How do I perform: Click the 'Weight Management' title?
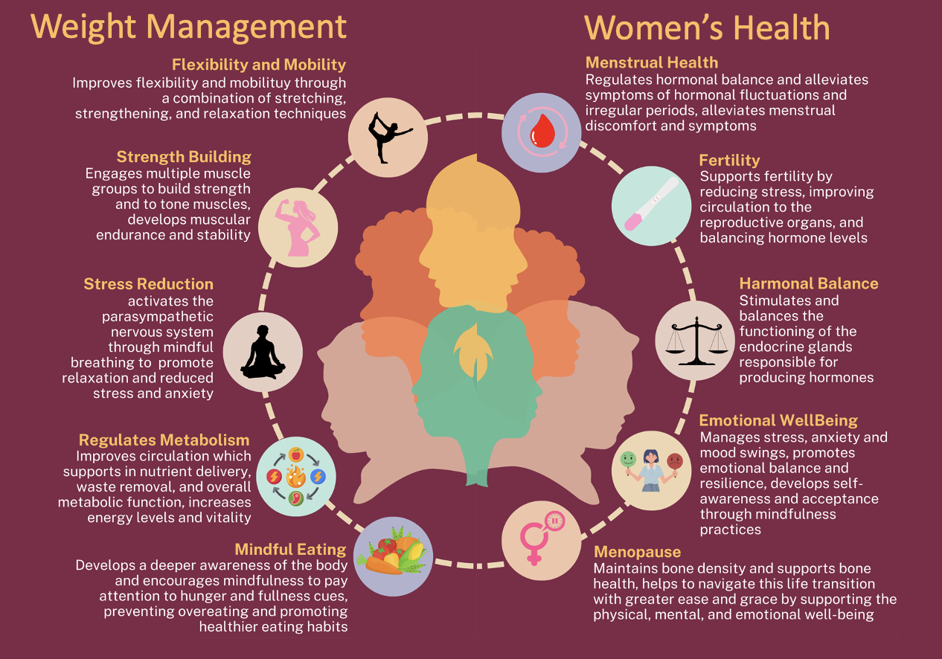pyautogui.click(x=188, y=27)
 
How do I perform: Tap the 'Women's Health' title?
pyautogui.click(x=707, y=28)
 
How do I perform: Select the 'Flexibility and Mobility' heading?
pyautogui.click(x=259, y=64)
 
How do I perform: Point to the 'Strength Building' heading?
pyautogui.click(x=184, y=157)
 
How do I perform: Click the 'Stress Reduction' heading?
pyautogui.click(x=148, y=284)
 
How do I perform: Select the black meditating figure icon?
pyautogui.click(x=263, y=352)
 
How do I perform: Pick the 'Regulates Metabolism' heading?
pyautogui.click(x=164, y=440)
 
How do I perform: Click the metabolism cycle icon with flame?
pyautogui.click(x=295, y=476)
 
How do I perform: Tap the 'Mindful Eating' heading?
pyautogui.click(x=290, y=550)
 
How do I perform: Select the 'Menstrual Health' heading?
pyautogui.click(x=652, y=62)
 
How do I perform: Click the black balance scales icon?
pyautogui.click(x=695, y=341)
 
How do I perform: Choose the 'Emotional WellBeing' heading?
pyautogui.click(x=778, y=421)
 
